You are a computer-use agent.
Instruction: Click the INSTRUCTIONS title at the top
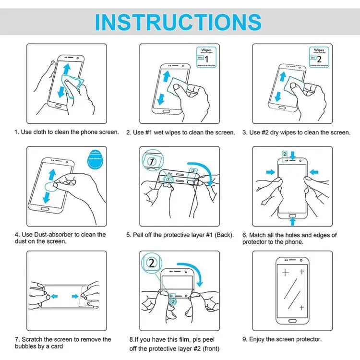tap(178, 22)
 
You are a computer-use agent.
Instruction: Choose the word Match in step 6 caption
tap(258, 235)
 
